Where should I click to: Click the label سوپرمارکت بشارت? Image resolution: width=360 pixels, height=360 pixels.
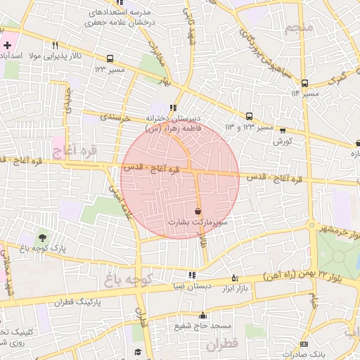(x=192, y=221)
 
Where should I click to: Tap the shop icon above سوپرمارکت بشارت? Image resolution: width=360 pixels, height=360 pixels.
(x=198, y=211)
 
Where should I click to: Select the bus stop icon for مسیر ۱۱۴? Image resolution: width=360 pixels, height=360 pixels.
(x=304, y=83)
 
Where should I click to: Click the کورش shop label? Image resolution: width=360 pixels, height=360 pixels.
(x=283, y=141)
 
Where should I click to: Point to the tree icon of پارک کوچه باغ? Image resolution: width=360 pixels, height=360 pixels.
(x=43, y=238)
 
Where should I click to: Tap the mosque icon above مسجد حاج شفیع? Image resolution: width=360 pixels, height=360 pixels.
(x=203, y=316)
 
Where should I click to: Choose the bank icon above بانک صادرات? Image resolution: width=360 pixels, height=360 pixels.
(x=304, y=344)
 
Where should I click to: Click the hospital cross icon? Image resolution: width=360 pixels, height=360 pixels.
(x=7, y=45)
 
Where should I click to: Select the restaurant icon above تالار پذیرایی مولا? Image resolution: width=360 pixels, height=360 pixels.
(x=55, y=45)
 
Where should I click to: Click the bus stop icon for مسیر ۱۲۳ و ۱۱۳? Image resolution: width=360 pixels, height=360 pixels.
(x=249, y=117)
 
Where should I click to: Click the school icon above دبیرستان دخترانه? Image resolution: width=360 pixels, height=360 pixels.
(x=172, y=108)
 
